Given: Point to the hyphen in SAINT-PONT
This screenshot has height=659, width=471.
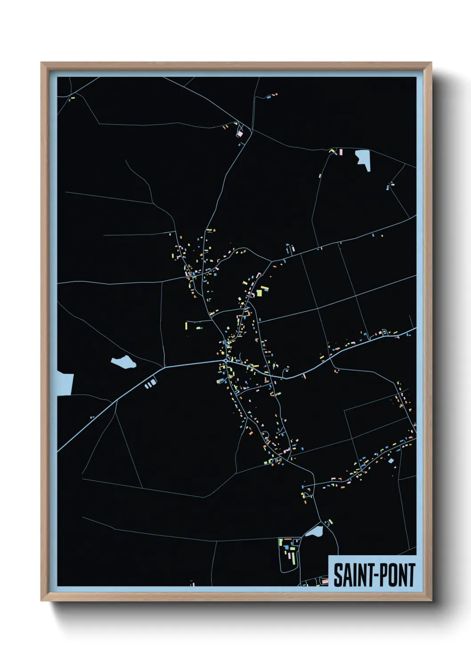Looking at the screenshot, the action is tap(374, 576).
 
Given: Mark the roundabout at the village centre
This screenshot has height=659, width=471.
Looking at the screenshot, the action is tap(225, 361).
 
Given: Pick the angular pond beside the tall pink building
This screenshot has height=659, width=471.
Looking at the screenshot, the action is tap(363, 159).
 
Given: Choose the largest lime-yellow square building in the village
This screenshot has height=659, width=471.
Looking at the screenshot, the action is tap(260, 293).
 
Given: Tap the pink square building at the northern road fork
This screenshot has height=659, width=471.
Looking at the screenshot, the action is tap(240, 133).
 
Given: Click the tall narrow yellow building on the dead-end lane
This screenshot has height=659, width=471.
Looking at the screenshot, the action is tap(186, 326).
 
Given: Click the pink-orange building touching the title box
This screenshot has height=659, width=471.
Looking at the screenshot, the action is tap(325, 580).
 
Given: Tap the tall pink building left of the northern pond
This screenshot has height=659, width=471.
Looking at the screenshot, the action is tap(341, 152).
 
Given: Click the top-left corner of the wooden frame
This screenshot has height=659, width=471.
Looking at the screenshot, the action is tap(42, 63).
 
